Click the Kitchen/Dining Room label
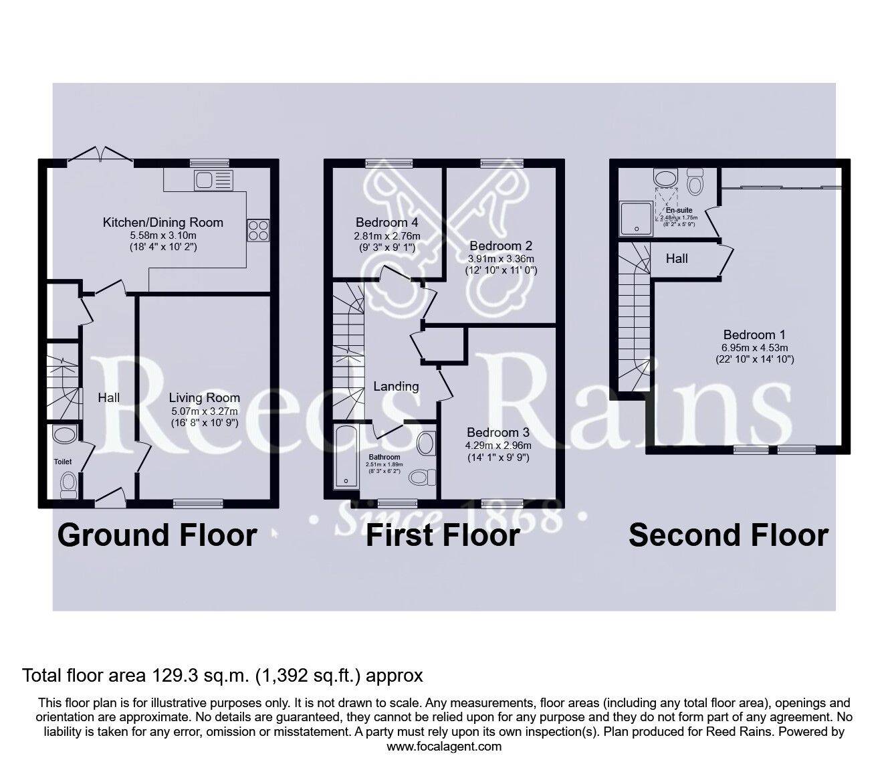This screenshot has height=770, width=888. [x=162, y=222]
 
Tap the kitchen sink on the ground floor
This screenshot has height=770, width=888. [x=213, y=179]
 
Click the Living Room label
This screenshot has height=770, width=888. [x=204, y=397]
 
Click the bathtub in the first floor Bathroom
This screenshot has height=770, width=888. [x=345, y=456]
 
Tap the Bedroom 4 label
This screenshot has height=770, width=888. [x=387, y=222]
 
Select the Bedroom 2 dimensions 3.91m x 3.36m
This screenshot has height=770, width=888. [x=501, y=259]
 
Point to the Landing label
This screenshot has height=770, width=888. [x=396, y=386]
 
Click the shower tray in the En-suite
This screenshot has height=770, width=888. [x=636, y=219]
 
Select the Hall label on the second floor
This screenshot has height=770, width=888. [x=677, y=258]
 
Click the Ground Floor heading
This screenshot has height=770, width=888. [x=157, y=535]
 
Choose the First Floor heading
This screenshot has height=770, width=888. [x=443, y=535]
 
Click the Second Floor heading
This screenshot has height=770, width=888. [x=728, y=535]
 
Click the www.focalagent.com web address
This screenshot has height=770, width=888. [x=444, y=746]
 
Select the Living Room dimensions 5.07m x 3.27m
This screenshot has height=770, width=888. [x=204, y=411]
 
